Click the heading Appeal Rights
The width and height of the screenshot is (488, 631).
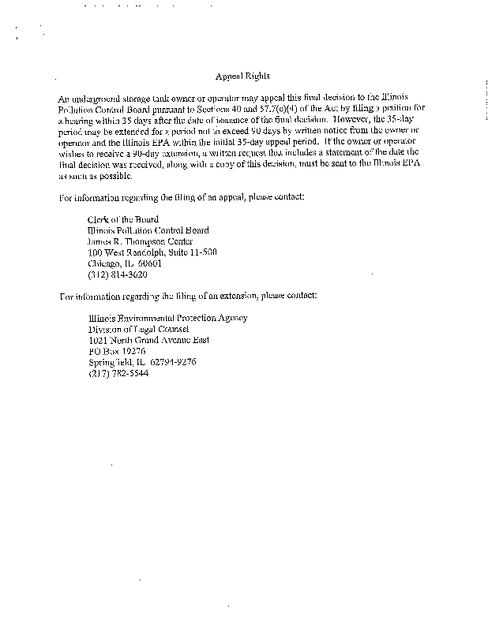click(242, 77)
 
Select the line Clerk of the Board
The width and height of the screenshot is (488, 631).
click(122, 219)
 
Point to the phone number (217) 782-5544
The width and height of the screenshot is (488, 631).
click(118, 373)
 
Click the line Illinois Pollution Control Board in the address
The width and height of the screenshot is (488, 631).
click(148, 230)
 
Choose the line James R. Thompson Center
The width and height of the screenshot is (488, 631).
click(140, 241)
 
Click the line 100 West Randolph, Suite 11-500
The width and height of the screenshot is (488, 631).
click(152, 252)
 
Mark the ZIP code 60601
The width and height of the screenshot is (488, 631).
click(148, 263)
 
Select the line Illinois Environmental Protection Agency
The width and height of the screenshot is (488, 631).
click(167, 318)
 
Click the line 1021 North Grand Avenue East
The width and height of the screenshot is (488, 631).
click(148, 340)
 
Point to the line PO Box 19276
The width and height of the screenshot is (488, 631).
click(117, 351)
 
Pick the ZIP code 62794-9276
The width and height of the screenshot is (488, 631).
click(171, 362)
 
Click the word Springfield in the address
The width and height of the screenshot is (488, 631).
click(112, 362)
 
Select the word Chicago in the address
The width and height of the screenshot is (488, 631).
click(104, 263)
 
